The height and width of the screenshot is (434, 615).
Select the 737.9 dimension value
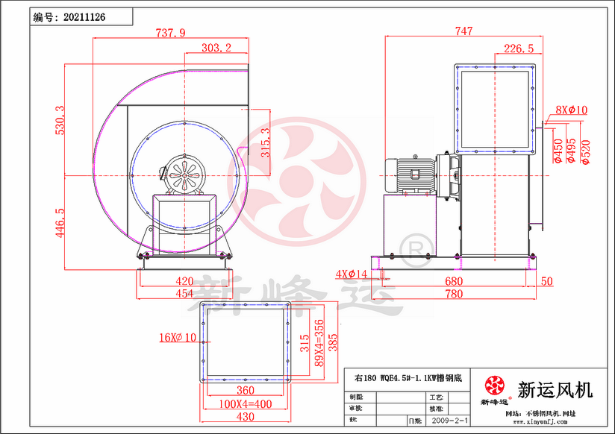point(170,32)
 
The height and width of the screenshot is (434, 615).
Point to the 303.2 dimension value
point(216,48)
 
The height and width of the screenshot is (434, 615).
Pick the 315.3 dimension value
point(263,142)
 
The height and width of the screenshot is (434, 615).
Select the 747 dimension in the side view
point(463,31)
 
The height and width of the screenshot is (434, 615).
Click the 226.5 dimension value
point(518,48)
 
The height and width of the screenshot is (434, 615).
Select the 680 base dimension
point(453,281)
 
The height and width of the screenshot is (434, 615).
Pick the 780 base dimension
point(453,294)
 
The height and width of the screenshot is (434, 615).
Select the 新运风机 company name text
point(555,389)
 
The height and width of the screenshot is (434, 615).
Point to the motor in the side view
point(410,176)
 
